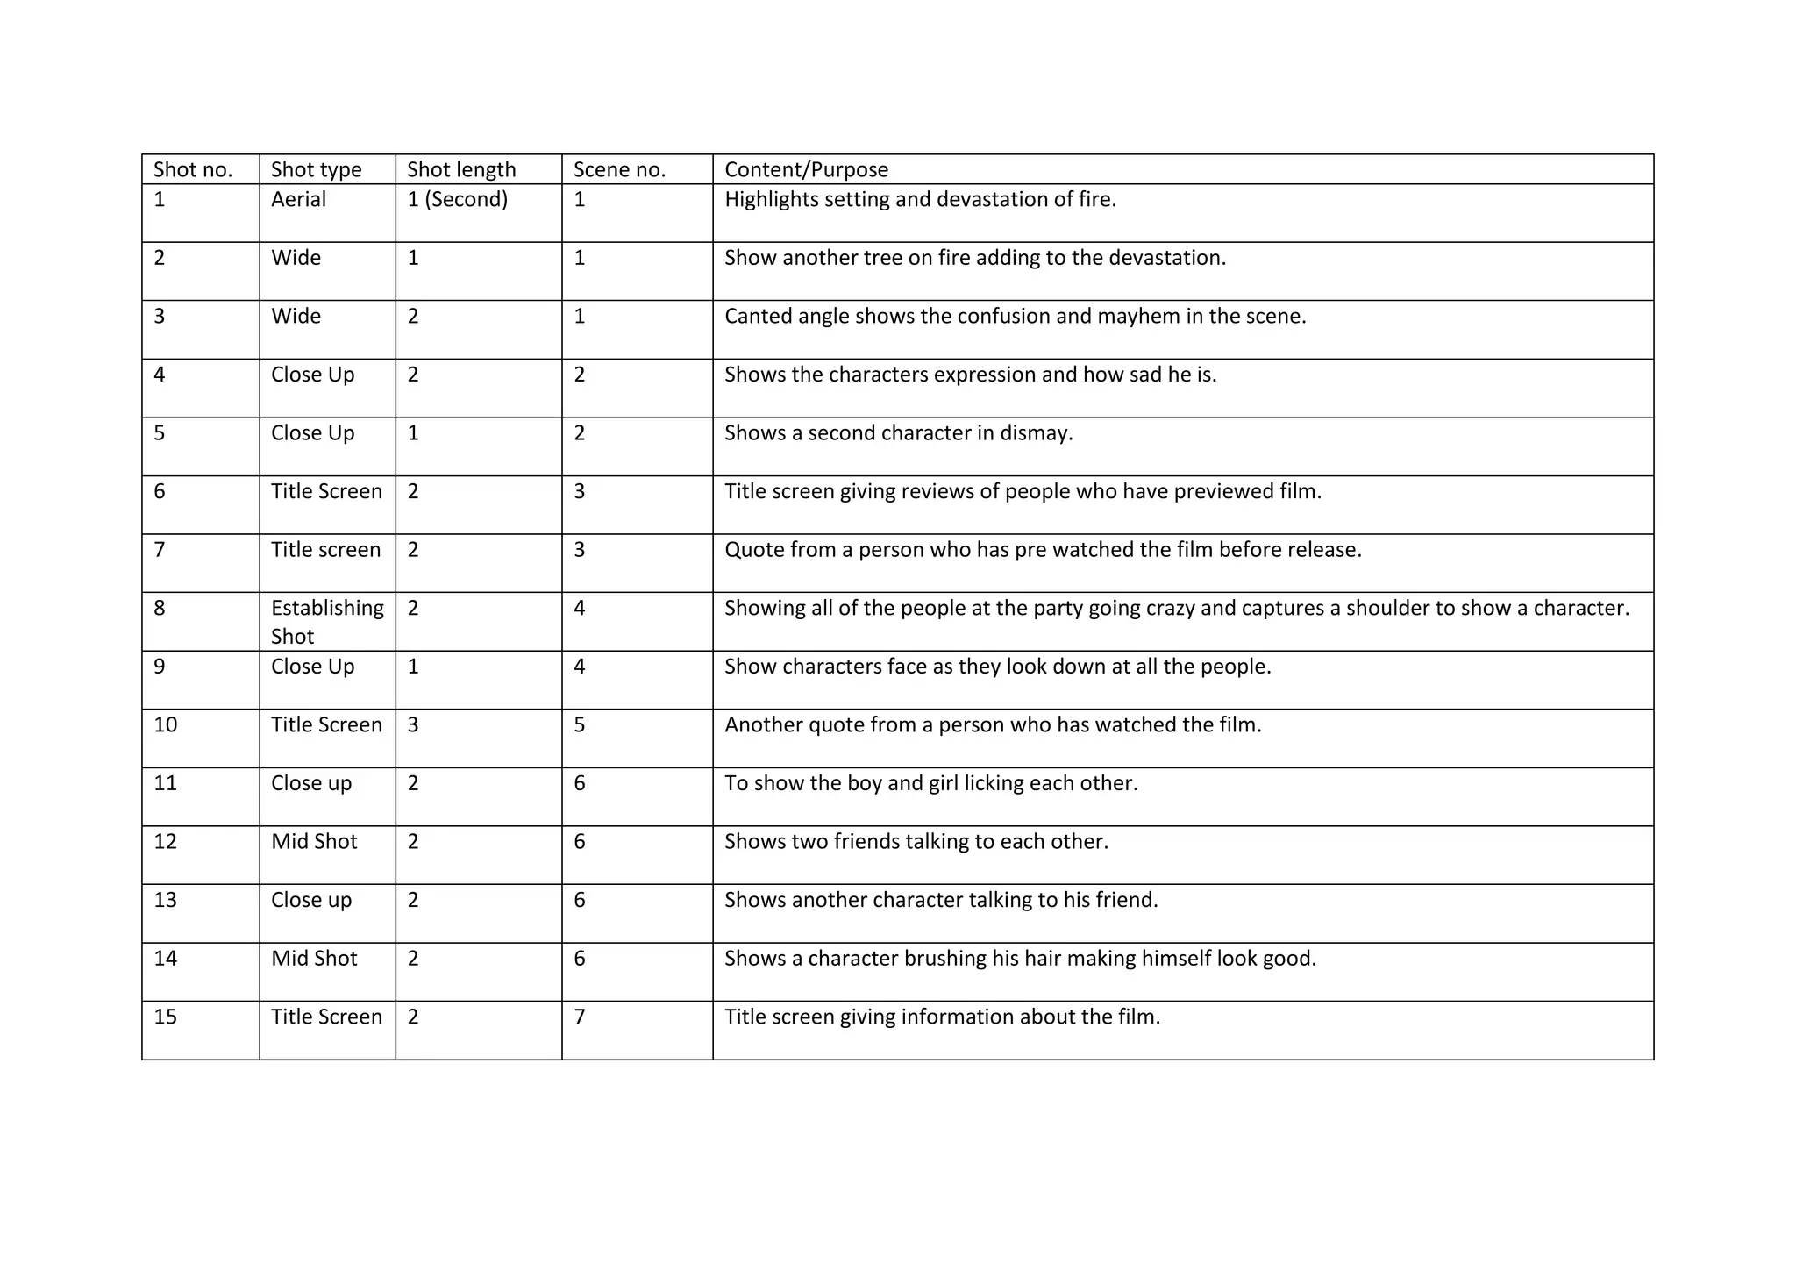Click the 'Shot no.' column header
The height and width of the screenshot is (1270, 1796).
(x=193, y=169)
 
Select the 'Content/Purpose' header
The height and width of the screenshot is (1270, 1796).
(x=806, y=169)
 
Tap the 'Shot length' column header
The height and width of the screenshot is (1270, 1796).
(x=461, y=169)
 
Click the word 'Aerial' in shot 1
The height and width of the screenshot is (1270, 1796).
(x=298, y=199)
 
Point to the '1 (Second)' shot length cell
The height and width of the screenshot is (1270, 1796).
(x=457, y=199)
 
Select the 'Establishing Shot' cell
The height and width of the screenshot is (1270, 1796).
(x=327, y=622)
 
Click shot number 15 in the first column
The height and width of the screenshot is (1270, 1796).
(x=165, y=1017)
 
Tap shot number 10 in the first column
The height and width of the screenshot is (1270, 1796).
(x=165, y=724)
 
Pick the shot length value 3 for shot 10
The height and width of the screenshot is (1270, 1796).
(x=413, y=724)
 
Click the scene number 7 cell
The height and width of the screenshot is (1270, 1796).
(x=580, y=1017)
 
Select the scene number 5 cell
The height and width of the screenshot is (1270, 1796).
(x=580, y=724)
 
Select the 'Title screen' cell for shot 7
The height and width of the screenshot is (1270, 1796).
(x=325, y=549)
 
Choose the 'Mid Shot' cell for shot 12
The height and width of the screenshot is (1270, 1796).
(x=314, y=841)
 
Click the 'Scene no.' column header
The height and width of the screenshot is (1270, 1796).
(x=619, y=169)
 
